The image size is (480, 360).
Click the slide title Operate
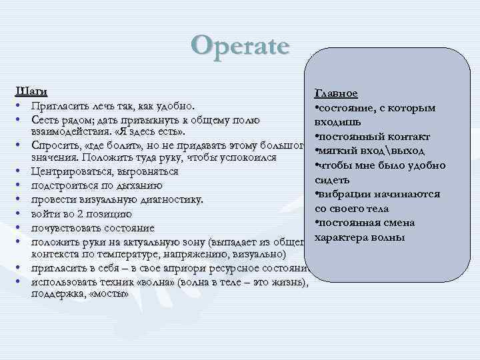240,45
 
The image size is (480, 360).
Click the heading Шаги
31,91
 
